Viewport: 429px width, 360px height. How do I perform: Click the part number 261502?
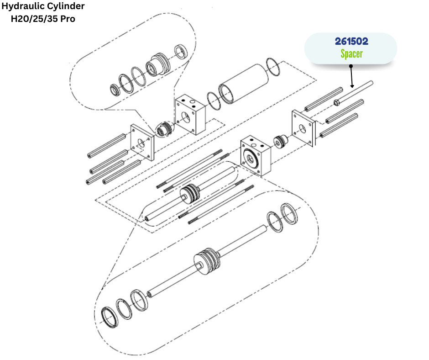[x=351, y=42]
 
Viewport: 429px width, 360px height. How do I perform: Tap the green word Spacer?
[x=351, y=54]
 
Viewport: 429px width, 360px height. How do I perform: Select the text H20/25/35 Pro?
[x=43, y=19]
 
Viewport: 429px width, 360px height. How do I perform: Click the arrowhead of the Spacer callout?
[x=352, y=86]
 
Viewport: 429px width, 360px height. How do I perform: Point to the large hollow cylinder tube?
[x=244, y=84]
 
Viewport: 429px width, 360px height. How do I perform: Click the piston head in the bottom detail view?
[x=207, y=262]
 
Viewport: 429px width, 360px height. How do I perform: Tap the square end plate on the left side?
[x=142, y=143]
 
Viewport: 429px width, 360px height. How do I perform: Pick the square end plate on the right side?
[x=303, y=128]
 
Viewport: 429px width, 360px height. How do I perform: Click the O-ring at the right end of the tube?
[x=273, y=67]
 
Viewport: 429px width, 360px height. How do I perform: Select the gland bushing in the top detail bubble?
[x=157, y=64]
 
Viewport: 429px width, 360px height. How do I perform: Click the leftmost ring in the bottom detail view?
[x=110, y=318]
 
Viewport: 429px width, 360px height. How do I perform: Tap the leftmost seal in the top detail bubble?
[x=115, y=90]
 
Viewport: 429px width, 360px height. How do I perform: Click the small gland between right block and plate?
[x=280, y=142]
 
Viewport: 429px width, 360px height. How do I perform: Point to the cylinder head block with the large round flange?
[x=256, y=155]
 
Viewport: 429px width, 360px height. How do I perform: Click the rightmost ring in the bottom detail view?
[x=289, y=214]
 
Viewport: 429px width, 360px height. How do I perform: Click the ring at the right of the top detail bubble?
[x=181, y=52]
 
